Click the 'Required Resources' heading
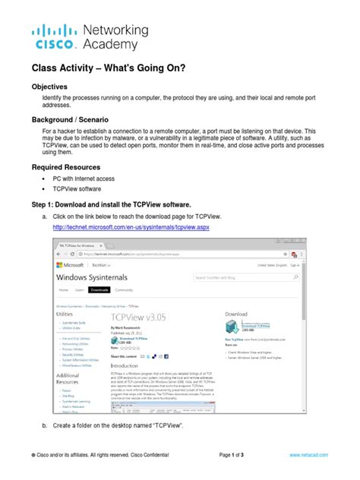pos(70,167)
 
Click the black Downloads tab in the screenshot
pos(99,290)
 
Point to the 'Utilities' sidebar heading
pos(65,312)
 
